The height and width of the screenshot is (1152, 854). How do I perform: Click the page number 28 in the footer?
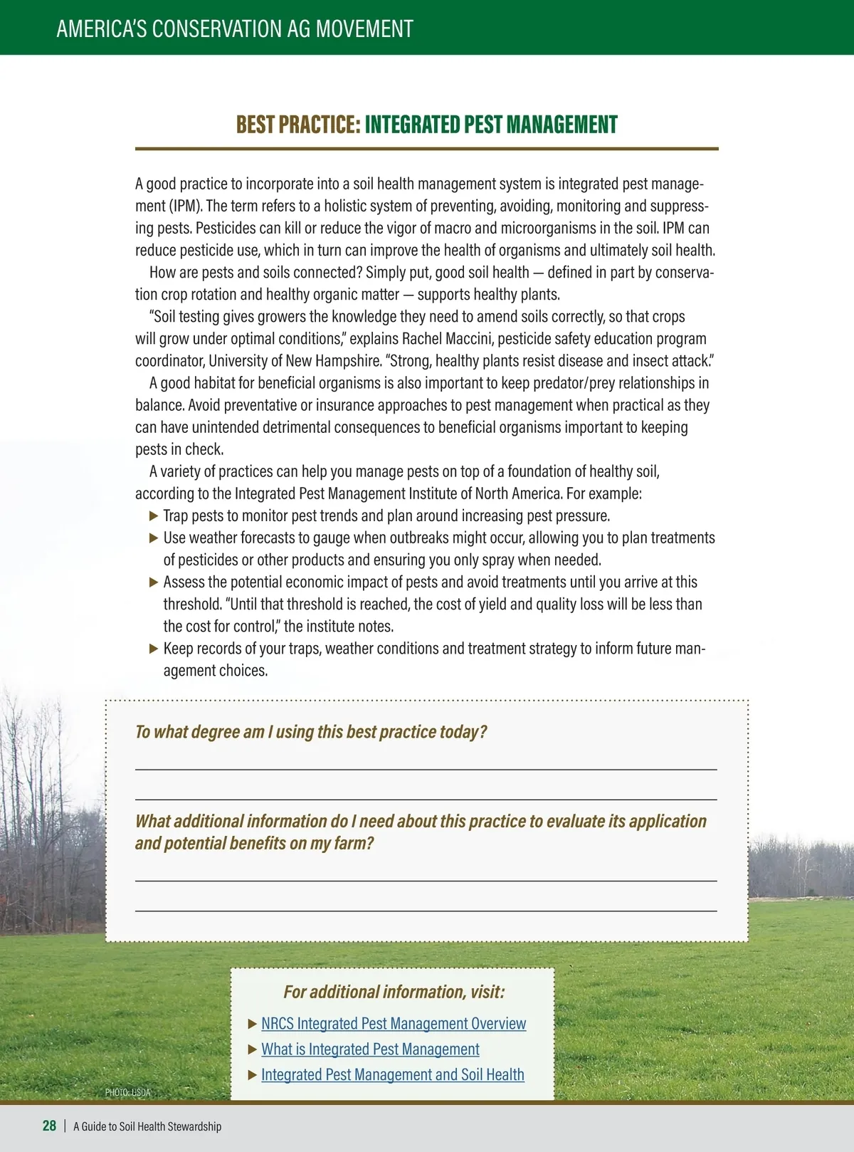click(x=49, y=1126)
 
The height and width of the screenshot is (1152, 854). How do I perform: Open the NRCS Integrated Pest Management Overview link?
click(x=394, y=1024)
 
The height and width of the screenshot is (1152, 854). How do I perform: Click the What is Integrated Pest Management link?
click(x=370, y=1049)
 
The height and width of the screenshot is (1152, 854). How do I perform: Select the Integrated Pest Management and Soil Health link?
click(x=392, y=1075)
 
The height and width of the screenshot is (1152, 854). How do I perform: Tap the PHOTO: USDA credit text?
click(x=127, y=1092)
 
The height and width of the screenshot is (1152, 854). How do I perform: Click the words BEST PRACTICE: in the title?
click(x=298, y=125)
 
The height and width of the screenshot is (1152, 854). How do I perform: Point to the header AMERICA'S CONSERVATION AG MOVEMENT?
click(x=235, y=28)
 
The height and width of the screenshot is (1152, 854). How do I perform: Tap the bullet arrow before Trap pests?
click(x=154, y=515)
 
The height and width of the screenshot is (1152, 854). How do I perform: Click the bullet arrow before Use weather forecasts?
click(x=154, y=538)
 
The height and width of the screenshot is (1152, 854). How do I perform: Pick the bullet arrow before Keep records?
click(x=154, y=649)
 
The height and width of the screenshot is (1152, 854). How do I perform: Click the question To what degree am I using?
click(x=311, y=732)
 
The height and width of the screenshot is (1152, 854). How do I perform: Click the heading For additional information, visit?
click(x=394, y=992)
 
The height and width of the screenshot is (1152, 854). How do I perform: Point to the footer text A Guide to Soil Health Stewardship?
click(x=147, y=1126)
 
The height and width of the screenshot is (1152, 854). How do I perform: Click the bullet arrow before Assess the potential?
click(x=154, y=582)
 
